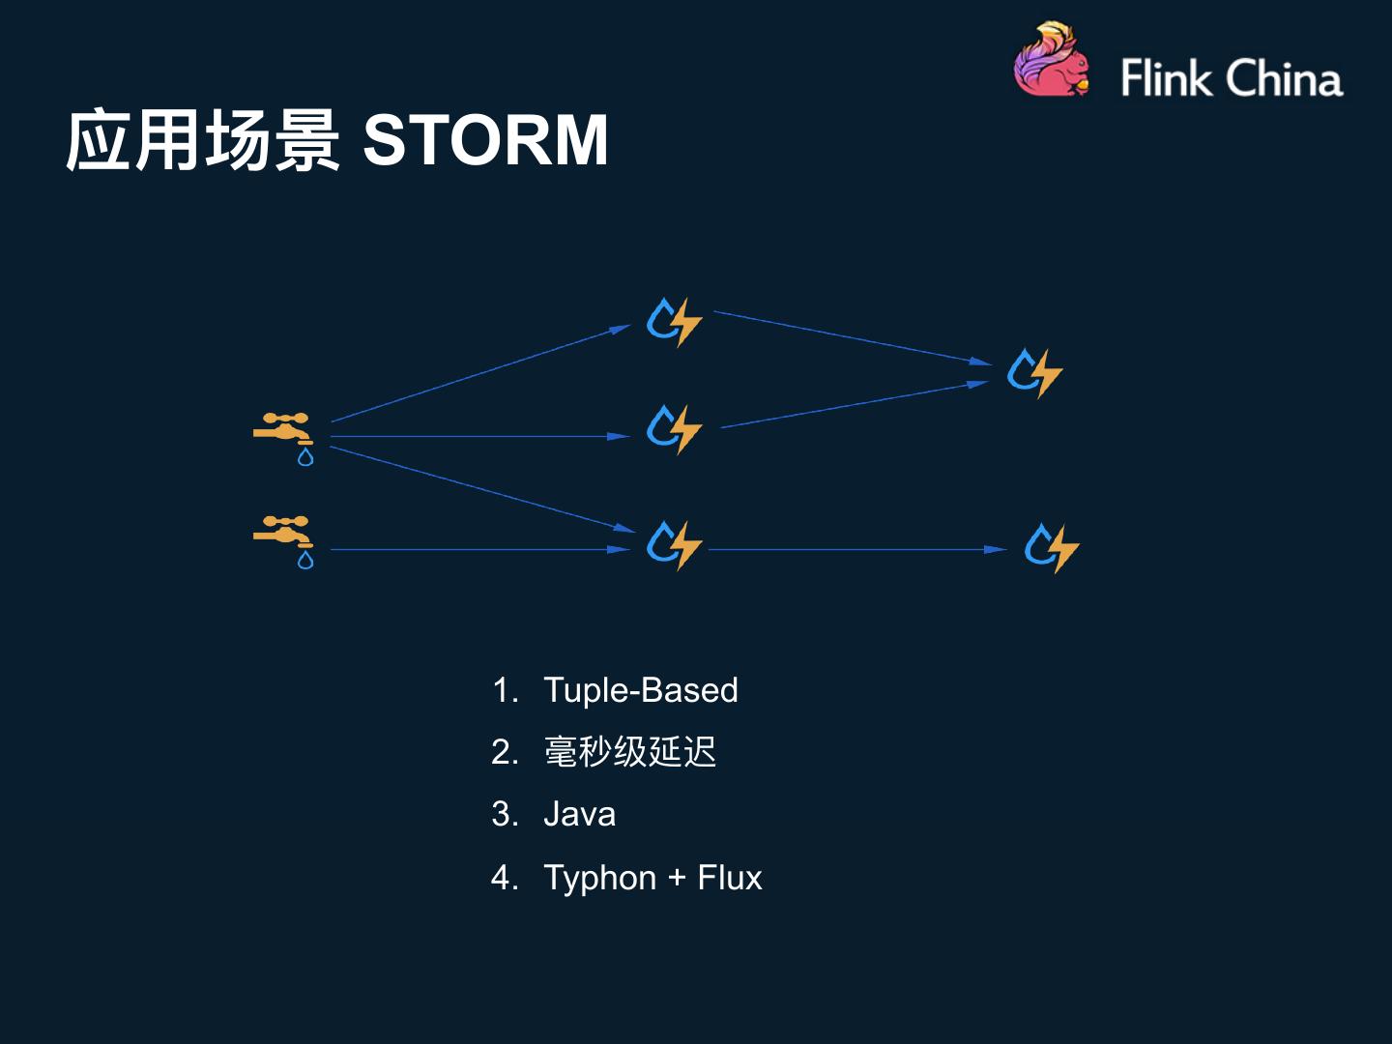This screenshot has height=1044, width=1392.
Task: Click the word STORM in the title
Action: point(484,140)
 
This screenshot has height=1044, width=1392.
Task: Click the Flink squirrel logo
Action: point(1051,60)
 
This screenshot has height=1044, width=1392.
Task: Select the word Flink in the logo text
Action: point(1167,78)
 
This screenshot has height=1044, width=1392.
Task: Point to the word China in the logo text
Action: point(1285,78)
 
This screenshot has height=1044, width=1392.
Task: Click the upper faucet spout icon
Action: point(282,428)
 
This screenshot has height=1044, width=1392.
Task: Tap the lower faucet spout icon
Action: point(282,531)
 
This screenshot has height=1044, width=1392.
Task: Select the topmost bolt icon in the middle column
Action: point(674,322)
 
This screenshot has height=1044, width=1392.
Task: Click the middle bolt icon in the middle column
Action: point(674,428)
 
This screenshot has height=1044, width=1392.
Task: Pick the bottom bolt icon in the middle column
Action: point(674,544)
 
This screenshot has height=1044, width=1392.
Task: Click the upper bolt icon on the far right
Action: point(1034,372)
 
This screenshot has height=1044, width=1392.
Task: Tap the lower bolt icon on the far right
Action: point(1051,547)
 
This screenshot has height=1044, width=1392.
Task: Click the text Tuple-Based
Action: point(640,690)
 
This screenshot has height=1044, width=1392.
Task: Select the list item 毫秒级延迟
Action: point(629,752)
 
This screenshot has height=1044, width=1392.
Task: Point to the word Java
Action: point(579,814)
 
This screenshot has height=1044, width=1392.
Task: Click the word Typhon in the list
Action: point(599,878)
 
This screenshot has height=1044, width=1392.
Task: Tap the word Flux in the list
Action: point(729,878)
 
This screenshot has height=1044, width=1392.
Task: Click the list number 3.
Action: point(504,814)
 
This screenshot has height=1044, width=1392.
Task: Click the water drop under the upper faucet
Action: point(305,457)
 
